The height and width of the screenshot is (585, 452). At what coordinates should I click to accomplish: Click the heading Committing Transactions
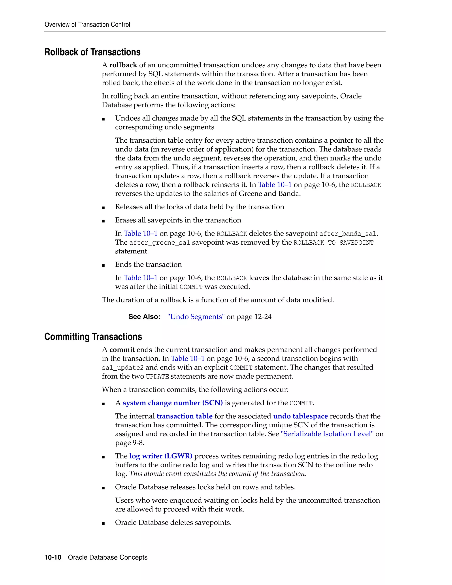(x=93, y=337)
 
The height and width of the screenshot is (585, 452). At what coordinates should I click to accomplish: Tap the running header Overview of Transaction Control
(x=87, y=25)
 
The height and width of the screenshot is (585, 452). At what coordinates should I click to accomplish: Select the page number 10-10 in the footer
(x=53, y=557)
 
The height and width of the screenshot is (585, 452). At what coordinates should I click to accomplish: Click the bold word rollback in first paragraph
(x=123, y=65)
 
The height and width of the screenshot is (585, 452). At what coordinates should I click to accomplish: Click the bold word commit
(x=122, y=350)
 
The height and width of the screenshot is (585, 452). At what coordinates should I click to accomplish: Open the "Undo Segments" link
(x=196, y=317)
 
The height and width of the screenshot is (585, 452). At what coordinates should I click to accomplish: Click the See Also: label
(x=144, y=317)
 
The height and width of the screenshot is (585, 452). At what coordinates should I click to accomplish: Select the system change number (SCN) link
(x=173, y=403)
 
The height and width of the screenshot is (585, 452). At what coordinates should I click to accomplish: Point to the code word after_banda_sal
(x=348, y=234)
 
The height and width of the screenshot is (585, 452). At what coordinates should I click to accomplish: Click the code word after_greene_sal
(x=160, y=243)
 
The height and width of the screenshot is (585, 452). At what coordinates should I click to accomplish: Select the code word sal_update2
(x=123, y=368)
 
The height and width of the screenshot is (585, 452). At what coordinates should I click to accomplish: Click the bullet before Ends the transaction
(x=103, y=265)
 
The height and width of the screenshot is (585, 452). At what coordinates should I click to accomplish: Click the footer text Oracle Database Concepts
(x=108, y=557)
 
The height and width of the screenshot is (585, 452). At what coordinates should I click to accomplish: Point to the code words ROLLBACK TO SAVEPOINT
(x=333, y=243)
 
